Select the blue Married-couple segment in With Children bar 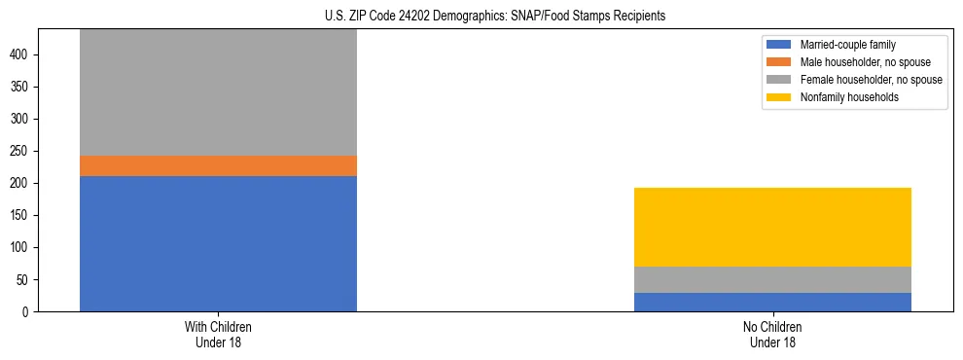click(218, 243)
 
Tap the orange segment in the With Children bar click(218, 165)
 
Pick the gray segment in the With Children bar click(218, 92)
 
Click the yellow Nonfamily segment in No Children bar click(772, 227)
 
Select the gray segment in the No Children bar click(772, 279)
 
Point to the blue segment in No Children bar click(772, 302)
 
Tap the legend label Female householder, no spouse click(871, 80)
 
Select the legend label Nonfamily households click(843, 97)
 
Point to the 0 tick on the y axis click(28, 312)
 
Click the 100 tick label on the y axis click(22, 248)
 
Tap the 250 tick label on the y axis click(22, 152)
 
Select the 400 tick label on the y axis click(22, 55)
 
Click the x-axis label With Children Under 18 click(218, 335)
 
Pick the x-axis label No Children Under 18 click(772, 335)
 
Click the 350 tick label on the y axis click(22, 88)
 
